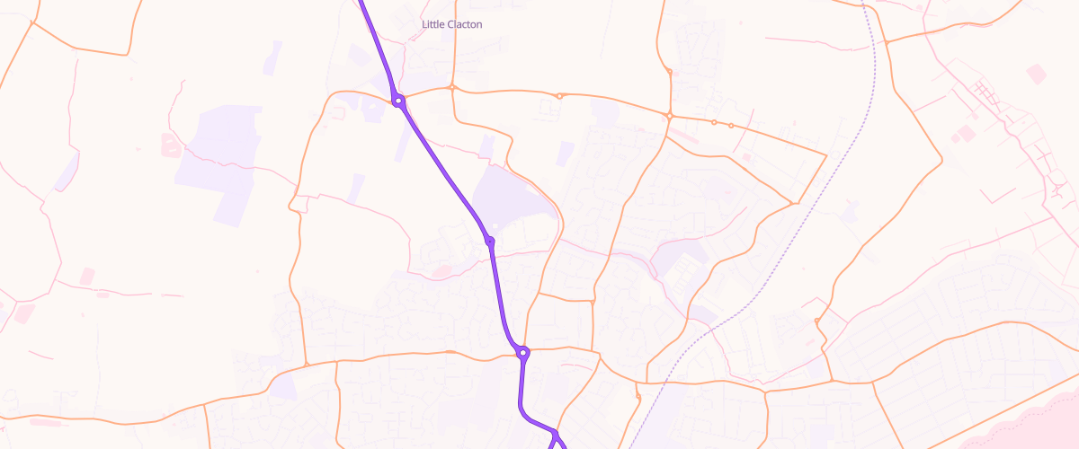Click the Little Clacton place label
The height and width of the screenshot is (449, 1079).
coord(451,24)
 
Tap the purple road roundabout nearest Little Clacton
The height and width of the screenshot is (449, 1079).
coord(398,101)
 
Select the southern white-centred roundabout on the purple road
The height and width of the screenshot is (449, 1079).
coord(522,353)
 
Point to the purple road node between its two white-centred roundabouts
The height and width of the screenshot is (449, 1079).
coord(490,241)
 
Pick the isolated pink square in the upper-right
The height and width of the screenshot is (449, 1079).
coord(1037,74)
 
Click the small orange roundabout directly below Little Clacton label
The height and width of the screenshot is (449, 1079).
coord(452,88)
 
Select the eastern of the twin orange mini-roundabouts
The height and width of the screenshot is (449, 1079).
coord(731,126)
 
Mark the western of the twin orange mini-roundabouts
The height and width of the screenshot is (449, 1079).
coord(714,122)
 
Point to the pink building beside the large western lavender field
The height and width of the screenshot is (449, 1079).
coord(170,144)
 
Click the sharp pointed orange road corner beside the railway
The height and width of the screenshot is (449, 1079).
coord(825,154)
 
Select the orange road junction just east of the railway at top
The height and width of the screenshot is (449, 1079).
coord(886,41)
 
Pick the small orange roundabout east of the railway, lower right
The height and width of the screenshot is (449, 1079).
coord(816,321)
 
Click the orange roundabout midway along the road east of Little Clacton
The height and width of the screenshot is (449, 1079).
coord(559,95)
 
